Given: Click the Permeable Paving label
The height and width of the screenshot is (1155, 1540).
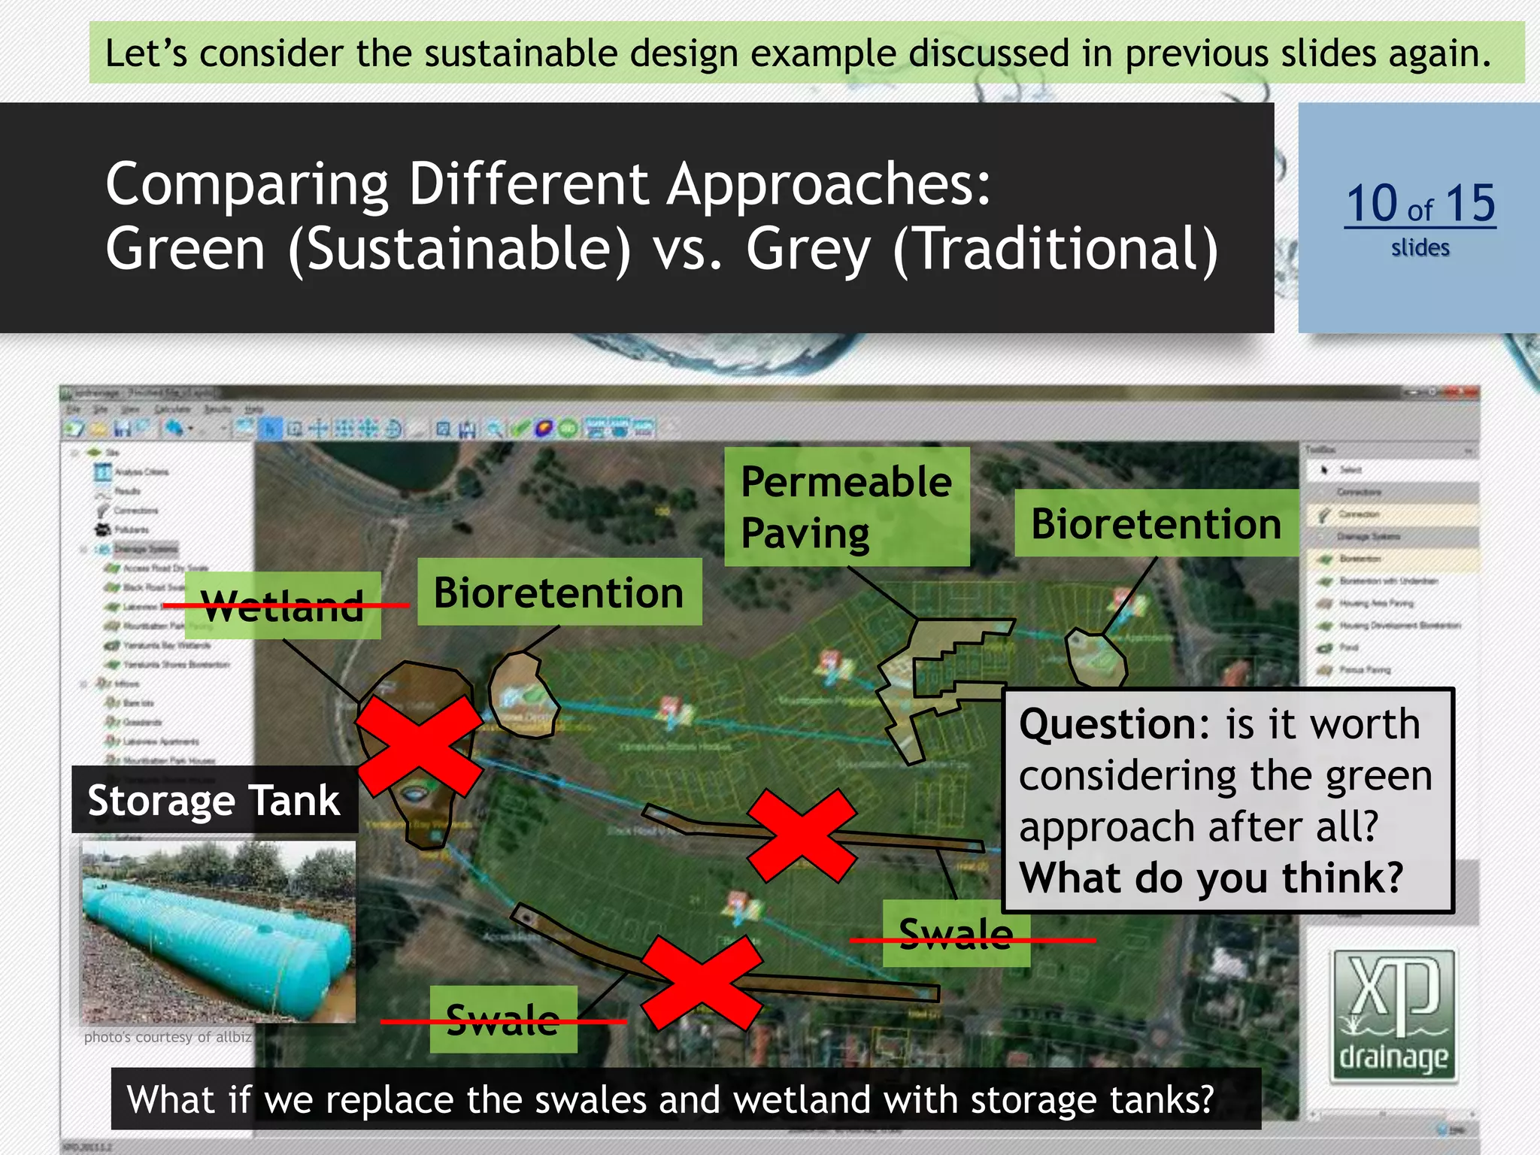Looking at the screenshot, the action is tap(846, 507).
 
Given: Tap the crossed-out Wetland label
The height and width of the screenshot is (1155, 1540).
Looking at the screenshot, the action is tap(283, 606).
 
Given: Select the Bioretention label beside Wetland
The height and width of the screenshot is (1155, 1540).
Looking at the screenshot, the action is tap(559, 593).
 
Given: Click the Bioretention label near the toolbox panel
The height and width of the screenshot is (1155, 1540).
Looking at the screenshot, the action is tap(1156, 523).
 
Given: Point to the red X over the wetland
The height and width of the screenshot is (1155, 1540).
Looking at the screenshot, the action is tap(419, 746).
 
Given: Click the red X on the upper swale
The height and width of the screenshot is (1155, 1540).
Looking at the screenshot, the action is tap(802, 836).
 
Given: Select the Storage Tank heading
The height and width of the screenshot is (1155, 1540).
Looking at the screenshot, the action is tap(214, 800).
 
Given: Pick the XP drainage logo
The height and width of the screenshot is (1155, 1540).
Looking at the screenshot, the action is tap(1393, 1016).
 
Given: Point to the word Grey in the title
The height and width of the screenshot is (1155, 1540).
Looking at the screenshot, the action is tap(808, 250).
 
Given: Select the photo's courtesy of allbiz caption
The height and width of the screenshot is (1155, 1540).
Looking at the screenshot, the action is tap(167, 1038).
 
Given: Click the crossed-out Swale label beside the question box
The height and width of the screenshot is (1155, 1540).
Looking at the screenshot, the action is tap(955, 935).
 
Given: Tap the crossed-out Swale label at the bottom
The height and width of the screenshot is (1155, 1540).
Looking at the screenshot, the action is tap(502, 1020).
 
